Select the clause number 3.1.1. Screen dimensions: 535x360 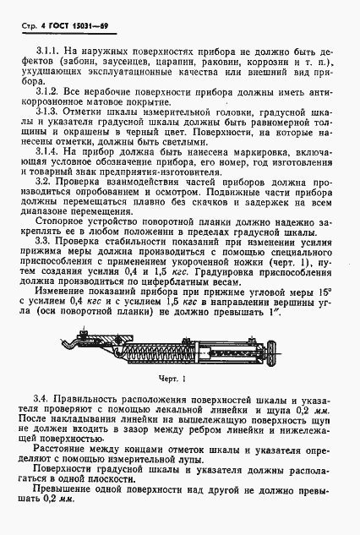[47, 53]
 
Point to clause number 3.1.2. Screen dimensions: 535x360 [47, 90]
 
